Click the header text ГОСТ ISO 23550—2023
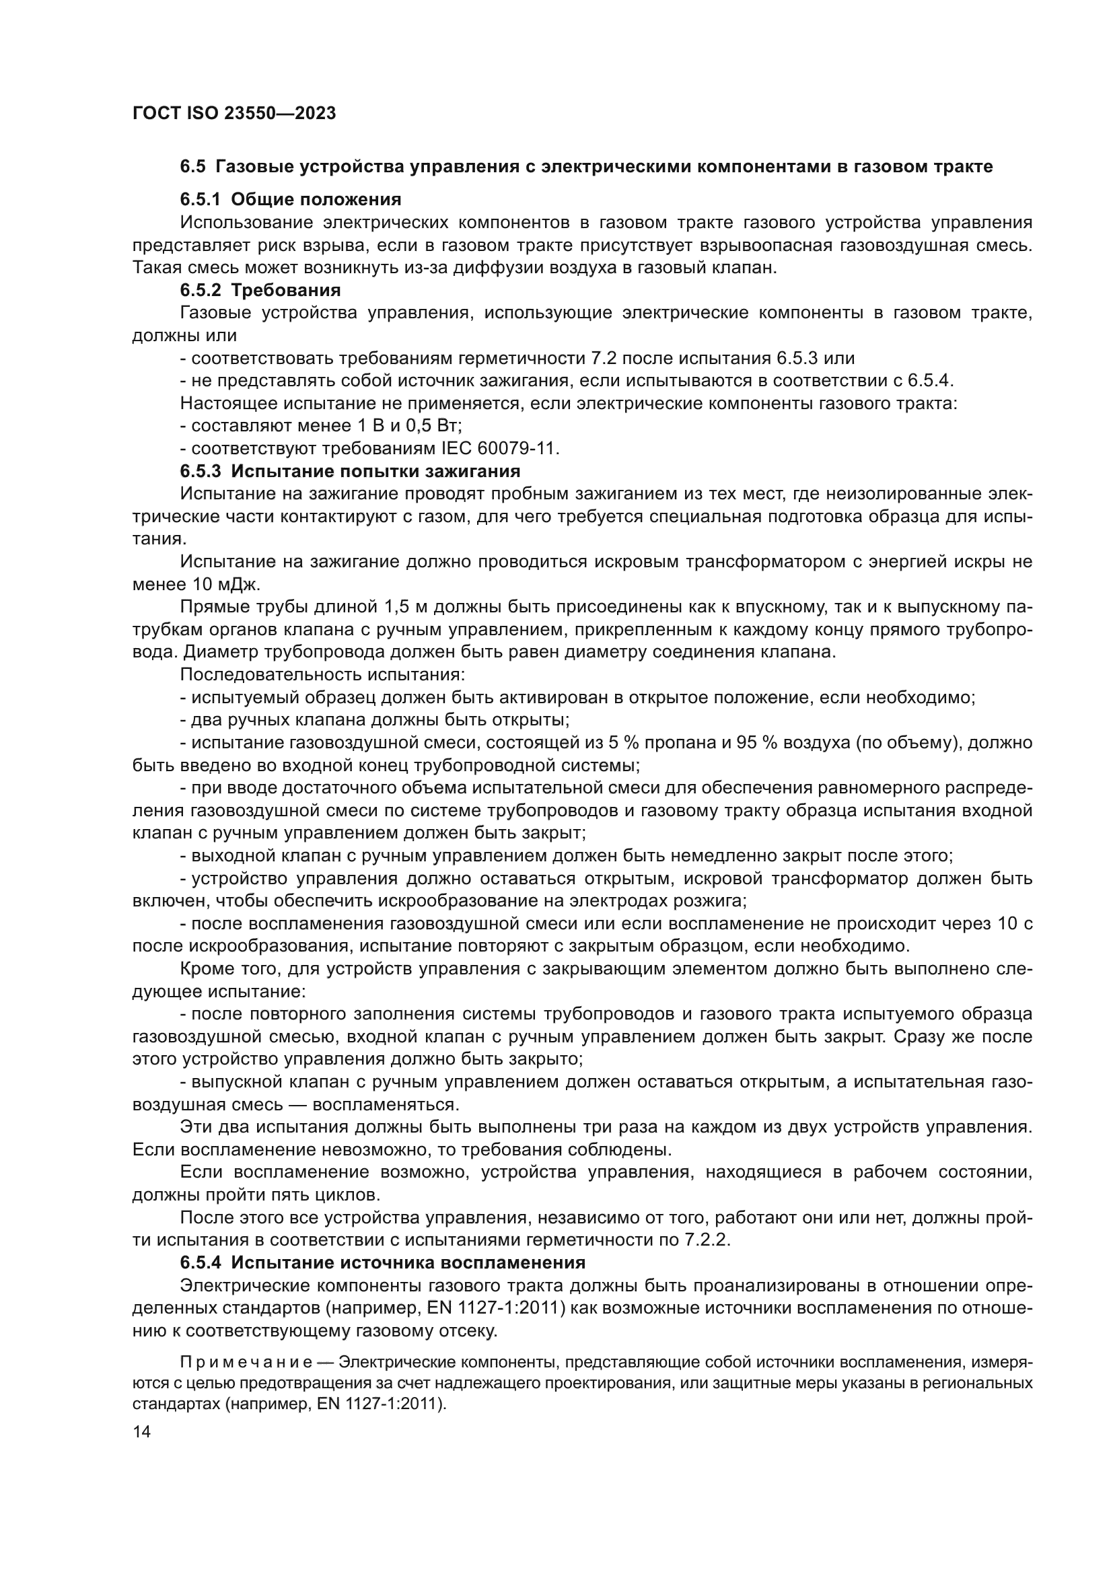(x=234, y=114)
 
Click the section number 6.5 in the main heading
(x=192, y=167)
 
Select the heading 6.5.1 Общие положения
(x=291, y=199)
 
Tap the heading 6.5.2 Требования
(x=260, y=290)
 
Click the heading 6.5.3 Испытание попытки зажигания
(x=350, y=471)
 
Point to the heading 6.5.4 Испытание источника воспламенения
(x=382, y=1262)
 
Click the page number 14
(x=142, y=1433)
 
